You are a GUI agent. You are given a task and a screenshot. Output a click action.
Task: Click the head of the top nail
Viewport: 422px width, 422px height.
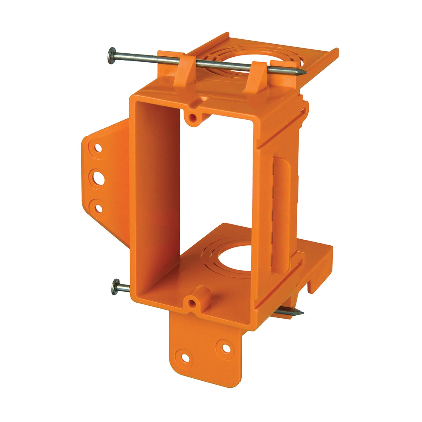coord(112,55)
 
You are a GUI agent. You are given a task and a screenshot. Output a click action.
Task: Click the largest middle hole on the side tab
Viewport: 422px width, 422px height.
coord(98,178)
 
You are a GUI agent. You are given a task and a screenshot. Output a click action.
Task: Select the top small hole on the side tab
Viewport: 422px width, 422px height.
coord(98,147)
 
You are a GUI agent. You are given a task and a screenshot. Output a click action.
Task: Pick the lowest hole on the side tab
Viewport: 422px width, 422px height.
coord(98,208)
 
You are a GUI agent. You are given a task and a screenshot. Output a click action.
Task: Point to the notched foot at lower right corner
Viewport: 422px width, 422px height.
coord(320,271)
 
